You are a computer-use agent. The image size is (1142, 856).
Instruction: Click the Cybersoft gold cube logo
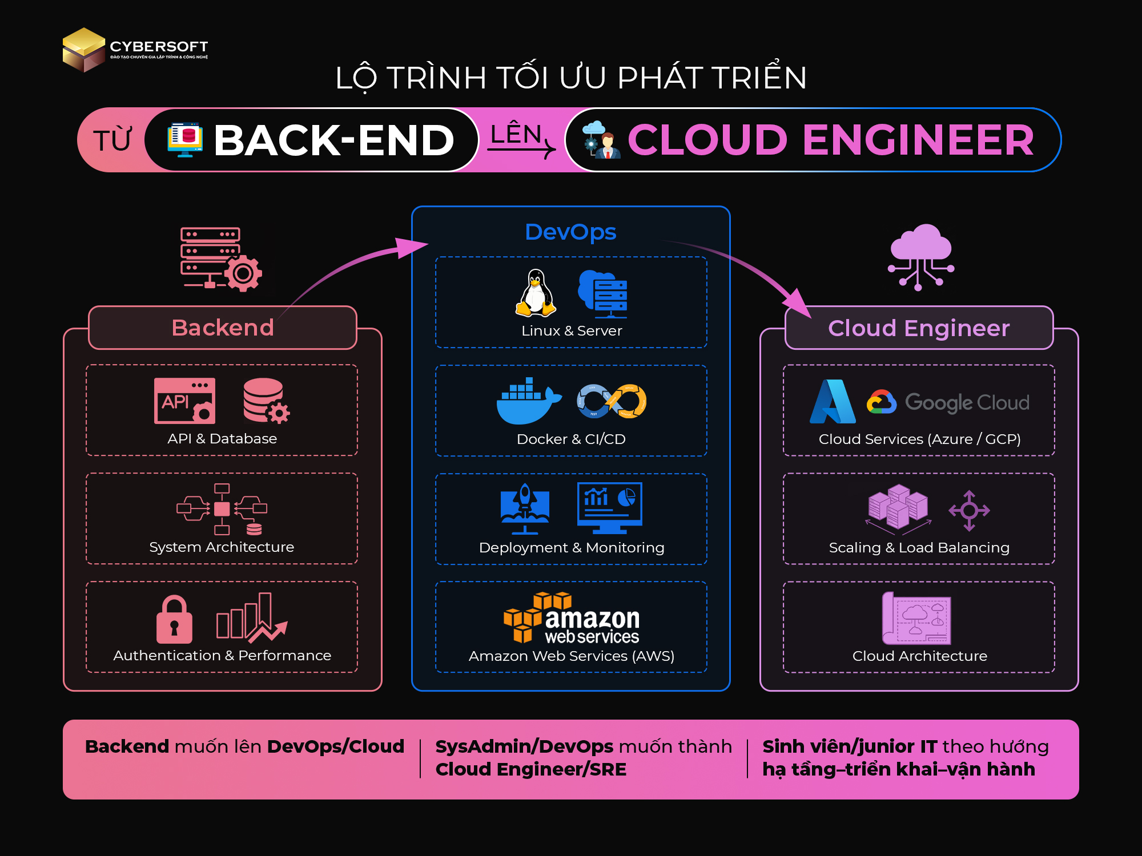click(x=84, y=50)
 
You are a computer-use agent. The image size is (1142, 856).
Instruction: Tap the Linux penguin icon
click(x=536, y=293)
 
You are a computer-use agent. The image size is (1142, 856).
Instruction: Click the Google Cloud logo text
click(x=967, y=403)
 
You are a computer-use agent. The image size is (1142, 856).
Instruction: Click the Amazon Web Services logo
click(x=572, y=618)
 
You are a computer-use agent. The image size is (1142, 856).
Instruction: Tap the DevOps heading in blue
click(x=570, y=232)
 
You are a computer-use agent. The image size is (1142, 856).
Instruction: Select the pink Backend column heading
click(x=223, y=328)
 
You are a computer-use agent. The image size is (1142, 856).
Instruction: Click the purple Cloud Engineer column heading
click(x=919, y=328)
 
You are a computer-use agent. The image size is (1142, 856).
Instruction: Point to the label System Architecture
click(x=222, y=547)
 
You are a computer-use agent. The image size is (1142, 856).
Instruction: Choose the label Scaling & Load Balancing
click(x=919, y=547)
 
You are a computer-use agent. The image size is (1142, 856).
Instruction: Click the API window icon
click(x=184, y=401)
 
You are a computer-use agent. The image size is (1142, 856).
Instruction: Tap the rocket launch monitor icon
click(x=525, y=508)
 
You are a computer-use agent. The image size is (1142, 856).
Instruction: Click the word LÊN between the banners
click(x=516, y=134)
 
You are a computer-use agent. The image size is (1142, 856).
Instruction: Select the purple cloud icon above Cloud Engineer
click(x=920, y=257)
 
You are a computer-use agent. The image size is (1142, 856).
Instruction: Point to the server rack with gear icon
click(x=221, y=259)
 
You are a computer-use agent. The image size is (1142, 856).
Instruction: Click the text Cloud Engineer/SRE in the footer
click(x=531, y=769)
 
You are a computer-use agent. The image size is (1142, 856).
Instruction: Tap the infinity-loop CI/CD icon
click(x=612, y=401)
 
